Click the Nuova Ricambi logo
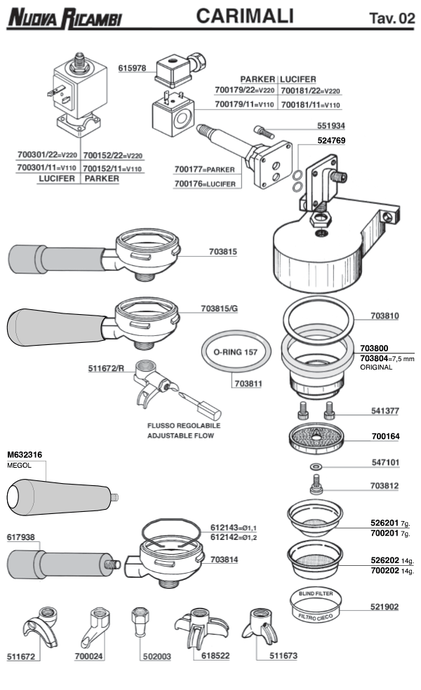(64, 17)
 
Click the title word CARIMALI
(243, 16)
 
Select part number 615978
(132, 68)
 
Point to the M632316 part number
(24, 454)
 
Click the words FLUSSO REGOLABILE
(183, 426)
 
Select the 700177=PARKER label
(204, 170)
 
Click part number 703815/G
(220, 308)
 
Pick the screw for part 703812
(316, 483)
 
